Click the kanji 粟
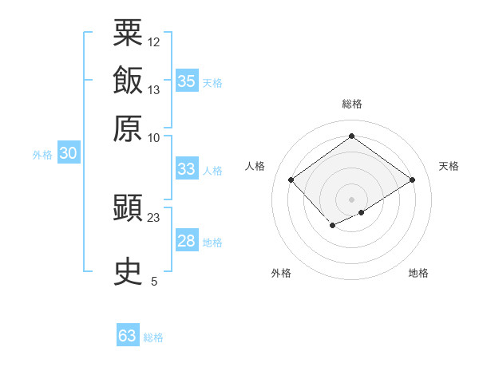[x=128, y=33]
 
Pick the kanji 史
[x=128, y=271]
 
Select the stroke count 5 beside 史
[x=154, y=281]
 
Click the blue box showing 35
[x=186, y=81]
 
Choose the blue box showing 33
[x=186, y=168]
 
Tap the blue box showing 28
[x=186, y=241]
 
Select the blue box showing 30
[x=68, y=154]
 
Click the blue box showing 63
[x=127, y=336]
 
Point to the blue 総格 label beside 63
[x=153, y=337]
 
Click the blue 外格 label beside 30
[x=42, y=156]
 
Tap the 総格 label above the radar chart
[x=351, y=104]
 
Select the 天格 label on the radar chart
[x=449, y=166]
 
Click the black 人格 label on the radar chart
[x=255, y=166]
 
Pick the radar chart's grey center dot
[x=351, y=199]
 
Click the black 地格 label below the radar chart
[x=418, y=274]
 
